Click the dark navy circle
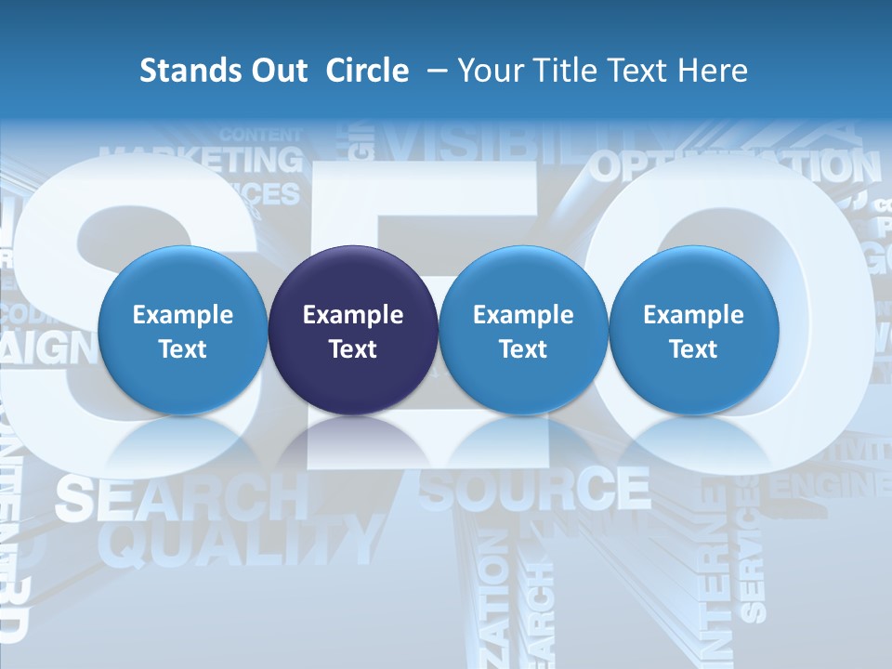(x=353, y=331)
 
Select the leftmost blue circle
(x=182, y=331)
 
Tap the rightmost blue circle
(x=693, y=331)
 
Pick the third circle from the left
(x=523, y=331)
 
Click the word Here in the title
(x=712, y=71)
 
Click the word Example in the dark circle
(x=353, y=315)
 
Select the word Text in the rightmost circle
(x=693, y=349)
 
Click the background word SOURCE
(x=534, y=489)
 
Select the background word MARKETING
(x=202, y=160)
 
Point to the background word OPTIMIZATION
(x=734, y=167)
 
